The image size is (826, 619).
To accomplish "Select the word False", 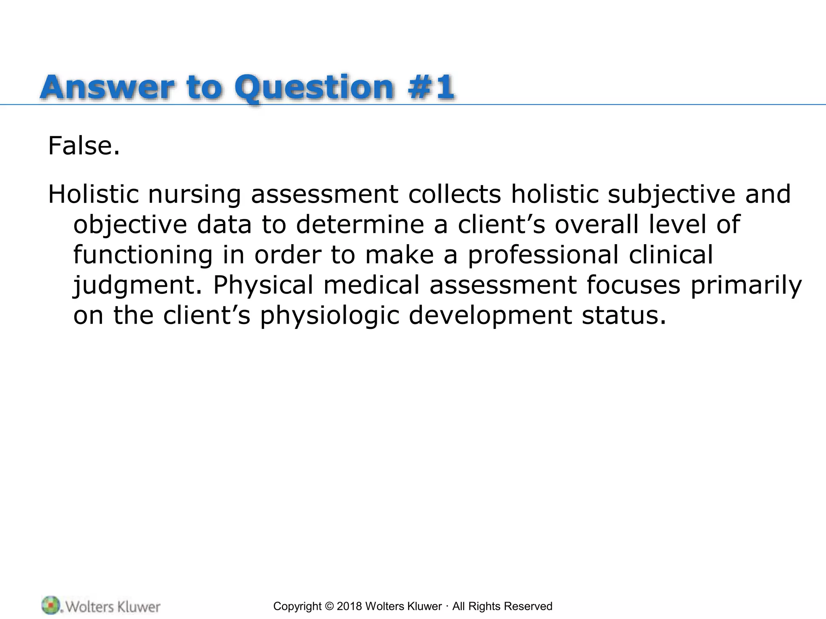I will click(x=84, y=146).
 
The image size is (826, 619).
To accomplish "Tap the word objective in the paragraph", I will click(x=130, y=225).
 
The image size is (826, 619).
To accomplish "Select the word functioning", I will click(x=143, y=255).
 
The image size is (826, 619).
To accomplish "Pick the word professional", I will click(x=543, y=255).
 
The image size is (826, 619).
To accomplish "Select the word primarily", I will click(x=746, y=285).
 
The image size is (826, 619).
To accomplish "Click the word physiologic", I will click(x=330, y=316).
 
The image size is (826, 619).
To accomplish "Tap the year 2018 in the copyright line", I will click(x=349, y=606).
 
